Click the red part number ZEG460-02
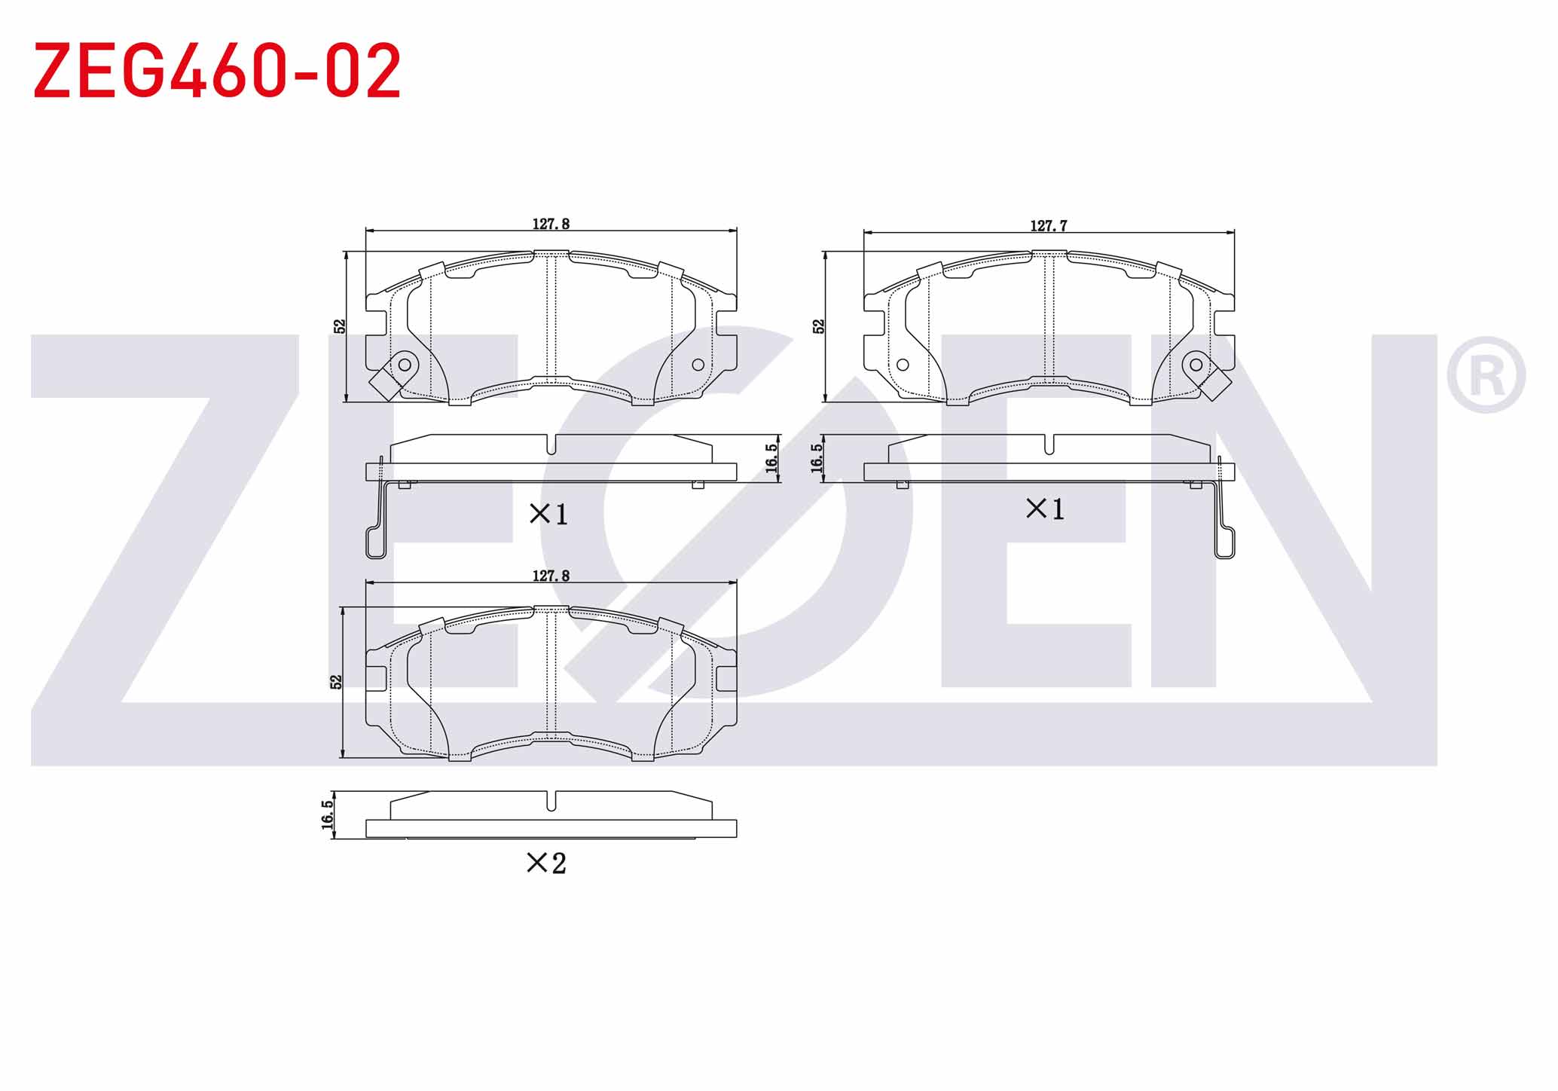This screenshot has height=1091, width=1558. pos(217,71)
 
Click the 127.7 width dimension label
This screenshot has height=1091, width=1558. pos(1048,225)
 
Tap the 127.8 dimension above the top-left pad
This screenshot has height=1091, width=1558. pos(551,224)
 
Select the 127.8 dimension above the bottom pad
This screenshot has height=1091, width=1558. pos(551,576)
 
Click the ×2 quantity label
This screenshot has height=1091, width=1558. pos(546,863)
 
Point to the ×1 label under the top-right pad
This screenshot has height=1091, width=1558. pos(1046,509)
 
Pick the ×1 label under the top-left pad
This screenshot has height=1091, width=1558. pos(548,515)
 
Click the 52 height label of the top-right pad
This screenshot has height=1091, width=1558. pos(819,326)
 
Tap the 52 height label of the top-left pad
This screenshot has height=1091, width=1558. pos(340,326)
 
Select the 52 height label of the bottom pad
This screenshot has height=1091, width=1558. pos(336,681)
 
